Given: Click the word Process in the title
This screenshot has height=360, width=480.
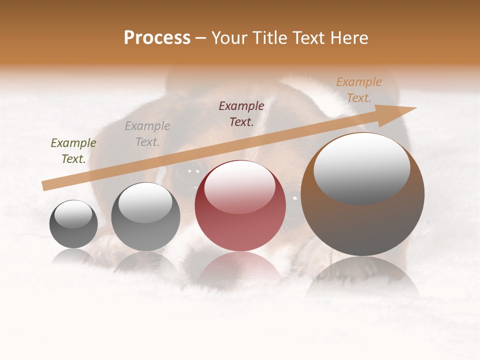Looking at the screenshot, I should click(157, 38).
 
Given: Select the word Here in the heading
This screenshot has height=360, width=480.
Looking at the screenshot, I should click(348, 38).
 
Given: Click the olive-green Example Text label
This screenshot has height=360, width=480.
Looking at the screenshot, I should click(73, 151).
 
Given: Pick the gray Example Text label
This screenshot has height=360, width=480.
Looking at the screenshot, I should click(147, 134).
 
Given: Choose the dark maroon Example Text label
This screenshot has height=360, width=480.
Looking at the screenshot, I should click(241, 114).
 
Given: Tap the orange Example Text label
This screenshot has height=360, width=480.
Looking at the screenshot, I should click(359, 90).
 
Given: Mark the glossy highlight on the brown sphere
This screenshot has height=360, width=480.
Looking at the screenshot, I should click(361, 167).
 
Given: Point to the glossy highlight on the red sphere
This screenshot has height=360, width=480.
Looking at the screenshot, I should click(239, 186).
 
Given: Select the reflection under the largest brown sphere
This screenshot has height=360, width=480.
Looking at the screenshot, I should click(362, 277).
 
